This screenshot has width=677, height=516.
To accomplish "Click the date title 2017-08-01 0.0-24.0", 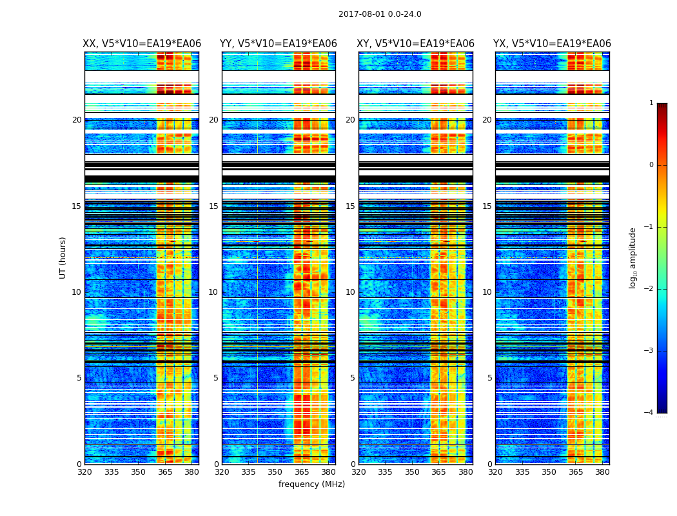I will tap(380, 14).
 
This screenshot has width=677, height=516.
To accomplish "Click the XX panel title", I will tap(142, 44).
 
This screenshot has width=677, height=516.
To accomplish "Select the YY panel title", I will tap(279, 44).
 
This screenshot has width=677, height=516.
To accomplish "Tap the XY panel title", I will tap(416, 44).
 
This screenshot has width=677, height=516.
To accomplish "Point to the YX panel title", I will tap(552, 44).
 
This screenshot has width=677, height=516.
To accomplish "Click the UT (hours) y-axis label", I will tap(63, 257).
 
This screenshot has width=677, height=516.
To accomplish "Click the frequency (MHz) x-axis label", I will tap(311, 484).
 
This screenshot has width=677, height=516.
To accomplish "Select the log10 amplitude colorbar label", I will tap(633, 257).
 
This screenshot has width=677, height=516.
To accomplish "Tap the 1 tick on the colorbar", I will tap(651, 103).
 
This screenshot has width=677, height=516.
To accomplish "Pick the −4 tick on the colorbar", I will tap(649, 413).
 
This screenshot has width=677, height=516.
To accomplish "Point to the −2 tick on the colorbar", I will tap(649, 289).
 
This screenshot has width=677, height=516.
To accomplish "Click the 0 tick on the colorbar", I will tap(651, 165).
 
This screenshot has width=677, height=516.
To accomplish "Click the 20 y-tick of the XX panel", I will tap(77, 120).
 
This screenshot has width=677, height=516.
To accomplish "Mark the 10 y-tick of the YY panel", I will tap(213, 292).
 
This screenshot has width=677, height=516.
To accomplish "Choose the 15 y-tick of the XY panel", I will tap(350, 206).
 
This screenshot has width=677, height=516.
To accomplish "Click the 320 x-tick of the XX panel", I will tap(84, 472).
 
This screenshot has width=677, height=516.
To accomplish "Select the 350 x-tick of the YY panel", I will tap(275, 472).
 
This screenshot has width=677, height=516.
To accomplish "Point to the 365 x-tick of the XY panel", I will tap(438, 472).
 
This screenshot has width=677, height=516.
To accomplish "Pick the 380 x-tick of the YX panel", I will tap(602, 472).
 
